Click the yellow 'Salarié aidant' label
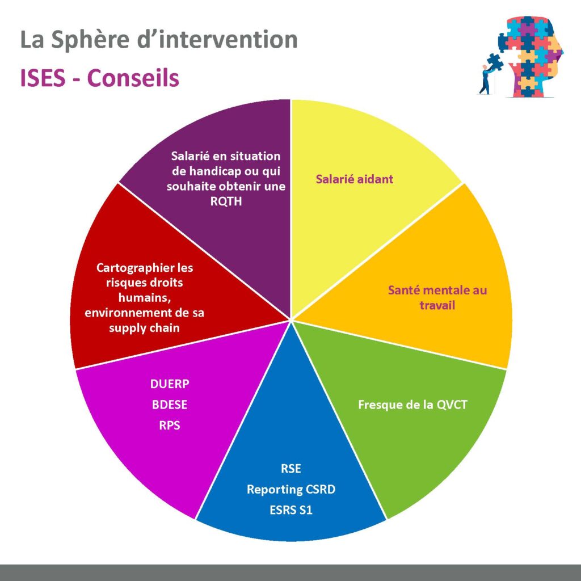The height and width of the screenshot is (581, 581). tap(354, 179)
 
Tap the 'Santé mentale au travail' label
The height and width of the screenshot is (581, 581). tap(437, 297)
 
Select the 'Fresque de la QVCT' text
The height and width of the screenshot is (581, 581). tap(412, 404)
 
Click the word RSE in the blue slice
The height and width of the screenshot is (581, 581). tap(291, 468)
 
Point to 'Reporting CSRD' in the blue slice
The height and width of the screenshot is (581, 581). tap(291, 489)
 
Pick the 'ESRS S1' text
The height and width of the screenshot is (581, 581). tap(291, 510)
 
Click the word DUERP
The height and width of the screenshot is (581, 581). tap(170, 384)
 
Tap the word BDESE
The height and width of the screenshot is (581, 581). tap(170, 404)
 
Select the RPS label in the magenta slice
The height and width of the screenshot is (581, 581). tap(170, 425)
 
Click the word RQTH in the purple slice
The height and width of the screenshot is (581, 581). tap(226, 201)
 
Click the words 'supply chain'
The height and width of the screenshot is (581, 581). tap(144, 328)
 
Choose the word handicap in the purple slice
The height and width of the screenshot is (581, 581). tap(212, 171)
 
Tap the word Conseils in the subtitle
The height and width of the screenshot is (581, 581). tap(133, 78)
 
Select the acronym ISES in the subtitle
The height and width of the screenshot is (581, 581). tap(43, 78)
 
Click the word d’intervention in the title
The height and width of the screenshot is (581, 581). tap(217, 39)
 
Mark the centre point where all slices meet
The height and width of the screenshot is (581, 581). tap(291, 319)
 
